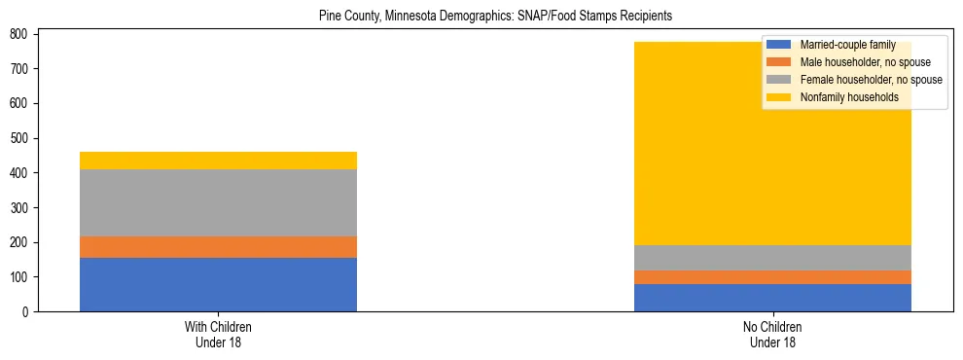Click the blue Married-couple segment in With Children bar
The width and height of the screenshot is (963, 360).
point(218,284)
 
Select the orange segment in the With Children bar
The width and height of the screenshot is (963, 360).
point(218,247)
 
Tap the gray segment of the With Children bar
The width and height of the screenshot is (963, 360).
point(218,202)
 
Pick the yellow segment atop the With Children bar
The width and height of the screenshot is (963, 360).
point(218,161)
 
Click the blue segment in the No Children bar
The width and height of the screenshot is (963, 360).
point(772,298)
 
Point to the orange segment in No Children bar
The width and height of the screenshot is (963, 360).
point(772,277)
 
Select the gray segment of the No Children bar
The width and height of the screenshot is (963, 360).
point(772,258)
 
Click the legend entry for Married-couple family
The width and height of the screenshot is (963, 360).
point(847,45)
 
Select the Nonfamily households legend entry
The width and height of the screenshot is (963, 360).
point(849,97)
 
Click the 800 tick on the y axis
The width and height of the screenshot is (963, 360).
point(23,34)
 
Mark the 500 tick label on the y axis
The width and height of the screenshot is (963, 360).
point(23,138)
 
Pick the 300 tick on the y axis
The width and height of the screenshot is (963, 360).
point(23,208)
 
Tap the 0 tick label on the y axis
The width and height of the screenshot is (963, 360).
point(29,312)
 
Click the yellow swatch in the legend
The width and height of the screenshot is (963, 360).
point(779,97)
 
